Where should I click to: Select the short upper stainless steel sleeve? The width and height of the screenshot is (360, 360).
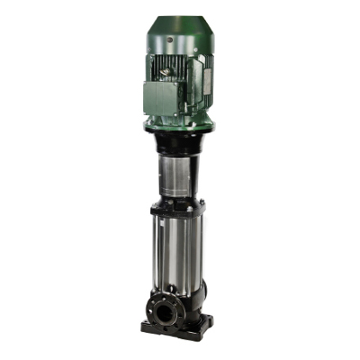tap(176, 176)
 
